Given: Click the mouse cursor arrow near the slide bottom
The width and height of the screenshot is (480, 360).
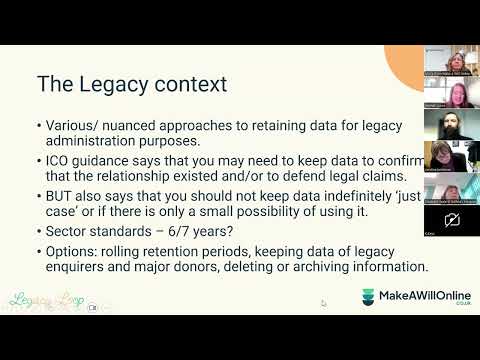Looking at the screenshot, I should (322, 302).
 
